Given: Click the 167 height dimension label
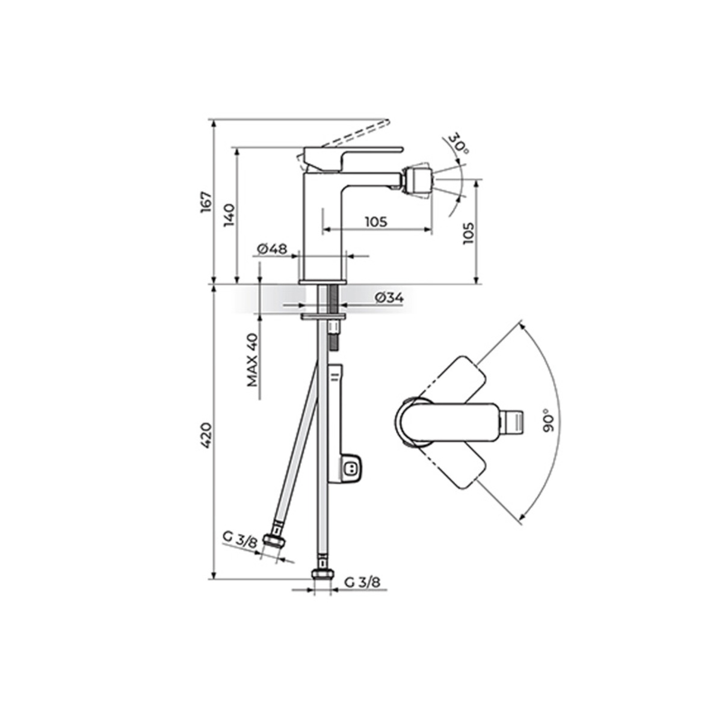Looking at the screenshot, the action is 206,203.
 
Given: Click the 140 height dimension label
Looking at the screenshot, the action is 229,215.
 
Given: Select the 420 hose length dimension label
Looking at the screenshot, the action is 206,436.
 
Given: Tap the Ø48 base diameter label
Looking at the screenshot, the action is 272,248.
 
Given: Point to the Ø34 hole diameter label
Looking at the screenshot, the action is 389,298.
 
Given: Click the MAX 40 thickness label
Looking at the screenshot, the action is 253,360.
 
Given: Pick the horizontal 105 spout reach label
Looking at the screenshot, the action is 376,222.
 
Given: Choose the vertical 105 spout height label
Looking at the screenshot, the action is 468,233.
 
